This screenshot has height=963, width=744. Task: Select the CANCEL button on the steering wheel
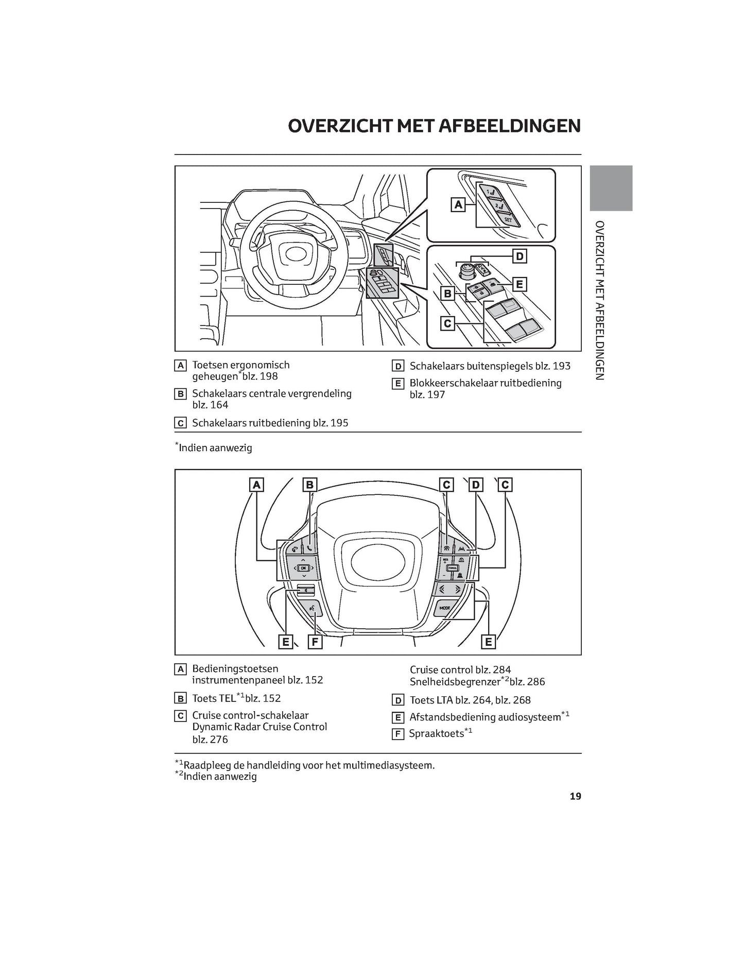point(452,568)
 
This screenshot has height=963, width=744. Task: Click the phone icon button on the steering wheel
point(309,548)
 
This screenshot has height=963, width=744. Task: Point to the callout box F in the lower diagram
point(315,642)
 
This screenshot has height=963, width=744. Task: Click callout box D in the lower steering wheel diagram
point(476,485)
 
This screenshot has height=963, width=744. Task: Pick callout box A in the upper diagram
point(458,205)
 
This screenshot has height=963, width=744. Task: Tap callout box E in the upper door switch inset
point(519,284)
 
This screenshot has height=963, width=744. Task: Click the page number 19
point(575,796)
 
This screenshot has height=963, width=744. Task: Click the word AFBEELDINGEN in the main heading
point(509,126)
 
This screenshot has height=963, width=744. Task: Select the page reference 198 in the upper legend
point(269,376)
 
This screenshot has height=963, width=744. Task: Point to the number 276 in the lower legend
point(219,740)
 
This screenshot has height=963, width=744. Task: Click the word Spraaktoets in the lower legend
point(436,734)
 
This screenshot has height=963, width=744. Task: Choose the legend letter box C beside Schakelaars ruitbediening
point(180,423)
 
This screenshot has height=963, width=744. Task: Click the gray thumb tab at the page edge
point(611,188)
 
